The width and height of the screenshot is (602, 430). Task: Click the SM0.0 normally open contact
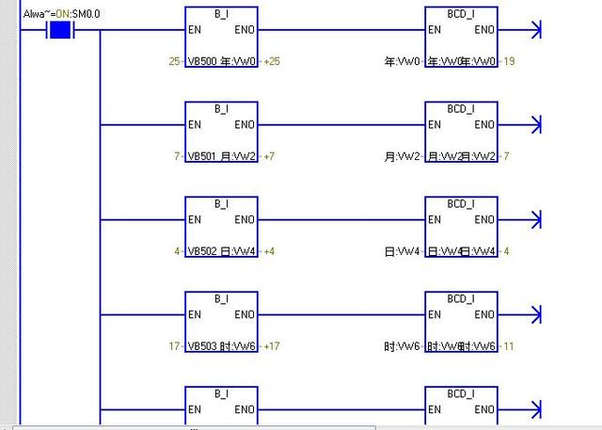[x=60, y=31]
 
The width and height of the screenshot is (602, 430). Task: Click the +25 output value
[x=272, y=61]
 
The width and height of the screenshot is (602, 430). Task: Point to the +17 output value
[x=272, y=346]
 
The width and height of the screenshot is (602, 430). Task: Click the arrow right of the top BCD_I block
[x=537, y=30]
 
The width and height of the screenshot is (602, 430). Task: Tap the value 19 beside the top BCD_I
[x=509, y=61]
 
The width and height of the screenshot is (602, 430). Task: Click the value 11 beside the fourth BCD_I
[x=509, y=346]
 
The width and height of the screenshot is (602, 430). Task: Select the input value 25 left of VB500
[x=174, y=61]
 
